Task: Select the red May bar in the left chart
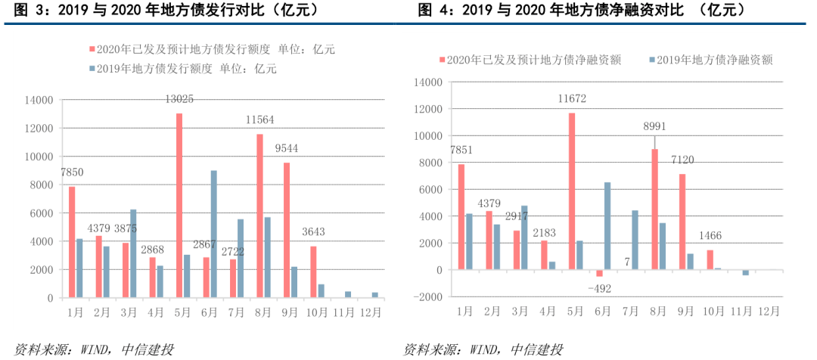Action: point(179,205)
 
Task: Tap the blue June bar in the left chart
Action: point(214,234)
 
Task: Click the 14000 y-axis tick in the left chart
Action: point(38,100)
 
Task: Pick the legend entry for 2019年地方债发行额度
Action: point(182,68)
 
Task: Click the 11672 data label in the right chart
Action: point(572,98)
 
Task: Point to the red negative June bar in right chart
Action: point(599,273)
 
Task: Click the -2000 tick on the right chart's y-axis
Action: point(429,297)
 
